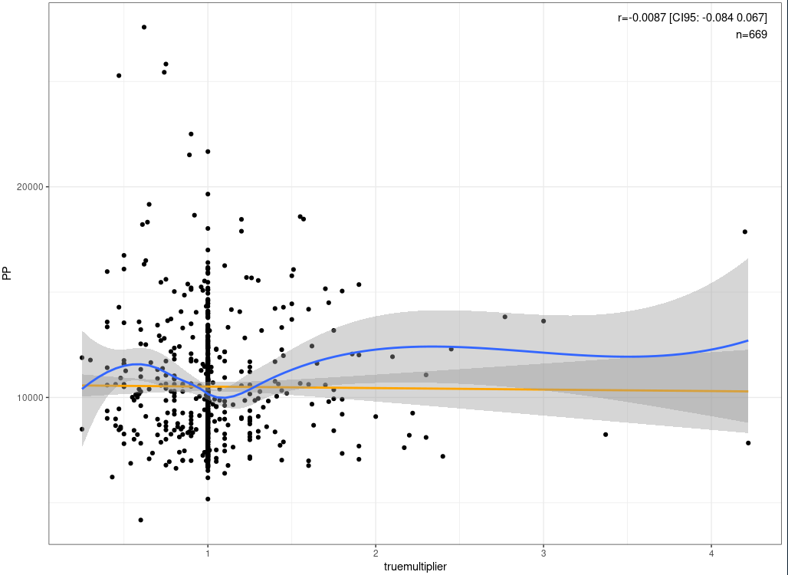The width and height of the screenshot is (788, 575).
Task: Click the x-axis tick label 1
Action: [x=207, y=554]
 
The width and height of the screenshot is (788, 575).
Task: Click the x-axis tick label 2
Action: [x=376, y=554]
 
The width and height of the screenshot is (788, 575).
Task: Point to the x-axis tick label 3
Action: [x=543, y=554]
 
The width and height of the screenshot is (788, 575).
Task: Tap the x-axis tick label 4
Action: [x=711, y=554]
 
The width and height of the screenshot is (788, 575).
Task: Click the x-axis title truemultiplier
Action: [x=415, y=567]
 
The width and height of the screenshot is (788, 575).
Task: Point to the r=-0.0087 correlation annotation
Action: [x=692, y=18]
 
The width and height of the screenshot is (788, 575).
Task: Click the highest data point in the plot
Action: [x=144, y=27]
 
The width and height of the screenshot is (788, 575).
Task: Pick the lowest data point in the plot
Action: [x=140, y=520]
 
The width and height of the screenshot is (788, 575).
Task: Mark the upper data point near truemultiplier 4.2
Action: [x=744, y=232]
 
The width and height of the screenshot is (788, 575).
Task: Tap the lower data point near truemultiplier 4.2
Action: [x=748, y=443]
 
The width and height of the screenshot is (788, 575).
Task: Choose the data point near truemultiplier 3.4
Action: [x=606, y=435]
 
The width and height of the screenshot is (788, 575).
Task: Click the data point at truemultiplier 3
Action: [x=543, y=320]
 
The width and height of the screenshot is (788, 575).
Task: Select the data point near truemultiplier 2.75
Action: [x=504, y=317]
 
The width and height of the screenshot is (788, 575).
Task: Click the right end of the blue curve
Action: [x=747, y=340]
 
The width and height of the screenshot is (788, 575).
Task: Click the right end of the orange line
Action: [x=747, y=392]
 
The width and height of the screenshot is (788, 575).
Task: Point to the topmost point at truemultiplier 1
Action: [x=208, y=151]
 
